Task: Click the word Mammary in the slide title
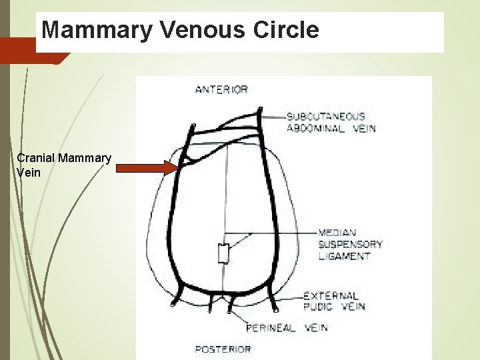point(90,30)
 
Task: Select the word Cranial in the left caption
point(36,159)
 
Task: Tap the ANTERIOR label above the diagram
point(221,89)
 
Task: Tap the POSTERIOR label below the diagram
point(223,349)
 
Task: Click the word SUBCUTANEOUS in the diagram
point(326,117)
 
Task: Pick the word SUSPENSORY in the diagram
point(350,244)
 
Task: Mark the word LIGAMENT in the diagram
point(344,255)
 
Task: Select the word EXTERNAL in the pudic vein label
point(331,295)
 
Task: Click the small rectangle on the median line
point(224,254)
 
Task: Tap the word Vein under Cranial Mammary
point(29,173)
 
